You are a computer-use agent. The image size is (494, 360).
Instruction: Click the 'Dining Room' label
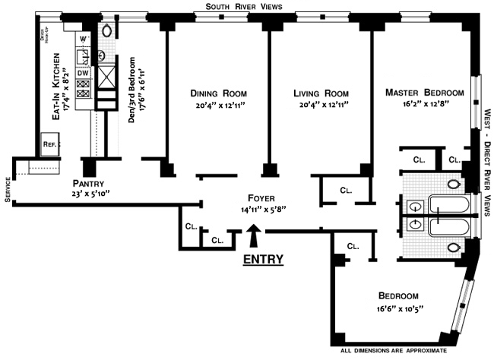(x=215, y=93)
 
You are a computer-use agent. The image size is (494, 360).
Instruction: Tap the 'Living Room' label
(x=320, y=93)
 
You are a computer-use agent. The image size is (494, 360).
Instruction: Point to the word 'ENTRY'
(x=263, y=259)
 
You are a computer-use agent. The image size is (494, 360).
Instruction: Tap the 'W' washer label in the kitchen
(x=84, y=38)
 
